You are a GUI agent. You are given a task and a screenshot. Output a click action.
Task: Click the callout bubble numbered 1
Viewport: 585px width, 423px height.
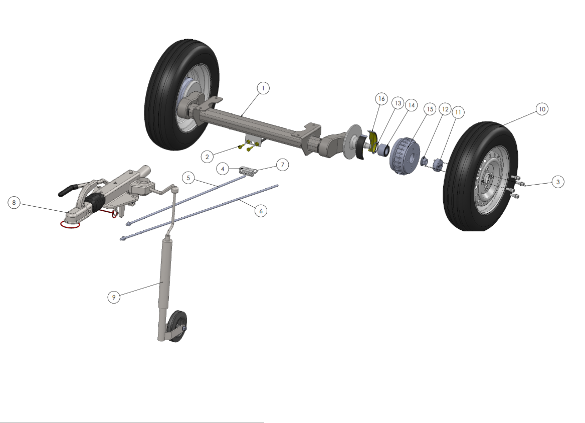click(263, 88)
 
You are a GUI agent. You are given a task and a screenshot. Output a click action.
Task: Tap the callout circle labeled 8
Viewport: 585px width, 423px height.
click(14, 203)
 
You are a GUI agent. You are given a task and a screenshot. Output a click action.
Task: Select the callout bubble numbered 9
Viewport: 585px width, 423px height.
click(114, 298)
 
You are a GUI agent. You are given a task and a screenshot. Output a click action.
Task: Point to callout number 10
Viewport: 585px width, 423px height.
click(542, 109)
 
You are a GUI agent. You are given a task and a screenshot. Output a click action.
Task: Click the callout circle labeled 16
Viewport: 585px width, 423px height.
click(381, 99)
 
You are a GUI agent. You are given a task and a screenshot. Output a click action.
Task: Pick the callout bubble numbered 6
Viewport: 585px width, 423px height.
click(261, 211)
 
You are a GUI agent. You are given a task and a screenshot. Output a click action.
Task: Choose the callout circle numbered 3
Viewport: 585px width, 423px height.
click(558, 182)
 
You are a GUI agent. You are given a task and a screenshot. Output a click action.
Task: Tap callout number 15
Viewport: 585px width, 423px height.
click(430, 109)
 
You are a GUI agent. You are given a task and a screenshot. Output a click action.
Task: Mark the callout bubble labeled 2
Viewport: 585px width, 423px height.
click(207, 157)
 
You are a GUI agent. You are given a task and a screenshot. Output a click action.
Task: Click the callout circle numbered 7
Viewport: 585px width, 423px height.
click(282, 165)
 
